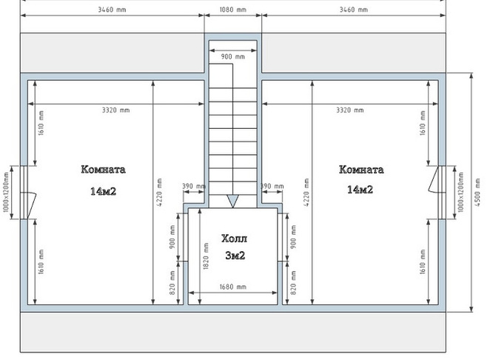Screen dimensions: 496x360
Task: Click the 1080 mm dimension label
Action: [x=232, y=10]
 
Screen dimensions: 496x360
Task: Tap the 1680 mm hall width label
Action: [x=232, y=287]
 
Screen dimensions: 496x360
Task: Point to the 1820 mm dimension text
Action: [x=206, y=256]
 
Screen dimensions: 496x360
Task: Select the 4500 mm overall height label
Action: [x=477, y=193]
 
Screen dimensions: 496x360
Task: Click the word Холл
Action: [x=234, y=239]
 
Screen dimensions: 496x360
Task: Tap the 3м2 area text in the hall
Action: [x=235, y=256]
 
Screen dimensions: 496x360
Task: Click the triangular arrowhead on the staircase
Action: [x=232, y=201]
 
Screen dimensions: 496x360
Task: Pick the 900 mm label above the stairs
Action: [x=232, y=57]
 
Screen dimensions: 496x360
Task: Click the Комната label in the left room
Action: [x=103, y=170]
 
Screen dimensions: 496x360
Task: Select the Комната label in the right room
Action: [x=361, y=170]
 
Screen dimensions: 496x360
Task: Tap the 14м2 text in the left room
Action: [x=104, y=191]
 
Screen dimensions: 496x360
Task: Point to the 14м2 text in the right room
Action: [x=361, y=190]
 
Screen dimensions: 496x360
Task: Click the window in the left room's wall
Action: [x=24, y=192]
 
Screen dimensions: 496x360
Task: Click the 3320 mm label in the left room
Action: [x=115, y=110]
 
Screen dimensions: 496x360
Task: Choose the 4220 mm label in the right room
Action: [x=306, y=193]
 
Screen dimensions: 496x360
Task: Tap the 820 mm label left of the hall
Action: [x=172, y=283]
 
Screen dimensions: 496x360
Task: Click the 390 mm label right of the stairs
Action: [x=272, y=186]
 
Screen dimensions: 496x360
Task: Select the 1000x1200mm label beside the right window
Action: [x=460, y=192]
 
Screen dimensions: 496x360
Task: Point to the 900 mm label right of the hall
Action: [x=293, y=237]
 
